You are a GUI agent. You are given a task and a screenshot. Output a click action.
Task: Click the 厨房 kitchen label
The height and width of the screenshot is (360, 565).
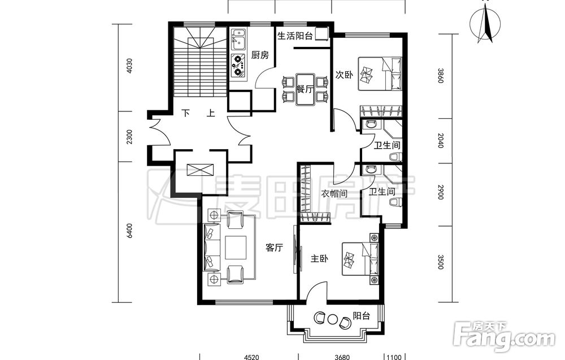[x=260, y=55]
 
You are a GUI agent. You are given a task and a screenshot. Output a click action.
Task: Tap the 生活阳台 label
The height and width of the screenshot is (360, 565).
[x=295, y=36]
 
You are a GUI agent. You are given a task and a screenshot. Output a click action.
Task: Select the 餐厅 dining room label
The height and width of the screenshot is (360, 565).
[x=305, y=89]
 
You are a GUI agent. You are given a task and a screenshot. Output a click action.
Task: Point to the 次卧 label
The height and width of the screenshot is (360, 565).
[x=344, y=75]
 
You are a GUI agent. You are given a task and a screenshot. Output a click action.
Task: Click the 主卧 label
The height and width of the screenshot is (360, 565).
[x=319, y=258]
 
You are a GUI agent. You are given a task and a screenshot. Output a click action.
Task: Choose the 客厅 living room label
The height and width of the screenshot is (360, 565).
[x=274, y=248]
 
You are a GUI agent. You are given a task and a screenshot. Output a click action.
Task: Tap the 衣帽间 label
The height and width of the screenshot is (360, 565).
[x=334, y=194]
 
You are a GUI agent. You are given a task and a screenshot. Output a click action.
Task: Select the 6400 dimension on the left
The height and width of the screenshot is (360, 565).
[x=130, y=231]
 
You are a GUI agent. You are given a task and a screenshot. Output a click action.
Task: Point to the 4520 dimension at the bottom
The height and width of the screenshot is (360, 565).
[x=251, y=357]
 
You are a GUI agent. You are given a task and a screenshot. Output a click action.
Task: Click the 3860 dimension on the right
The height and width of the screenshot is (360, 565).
[x=440, y=76]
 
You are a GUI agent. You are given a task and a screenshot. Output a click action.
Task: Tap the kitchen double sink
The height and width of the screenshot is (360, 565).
[x=238, y=40]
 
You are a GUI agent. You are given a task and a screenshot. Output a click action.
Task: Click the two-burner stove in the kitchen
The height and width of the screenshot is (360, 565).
[x=238, y=66]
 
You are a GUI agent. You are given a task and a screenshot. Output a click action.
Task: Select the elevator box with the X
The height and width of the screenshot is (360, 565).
[x=200, y=170]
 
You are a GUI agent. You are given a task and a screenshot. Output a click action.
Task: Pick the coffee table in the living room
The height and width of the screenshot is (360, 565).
[x=236, y=248]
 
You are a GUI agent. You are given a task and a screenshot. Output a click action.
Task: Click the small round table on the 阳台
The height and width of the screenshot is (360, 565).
[x=332, y=319]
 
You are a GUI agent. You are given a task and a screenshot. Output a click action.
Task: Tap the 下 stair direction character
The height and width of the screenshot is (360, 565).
[x=185, y=114]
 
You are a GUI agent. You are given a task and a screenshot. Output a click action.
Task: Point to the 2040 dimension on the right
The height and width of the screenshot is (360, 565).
[x=440, y=140]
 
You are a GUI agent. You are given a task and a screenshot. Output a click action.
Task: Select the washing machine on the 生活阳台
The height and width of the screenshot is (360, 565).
[x=321, y=34]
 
